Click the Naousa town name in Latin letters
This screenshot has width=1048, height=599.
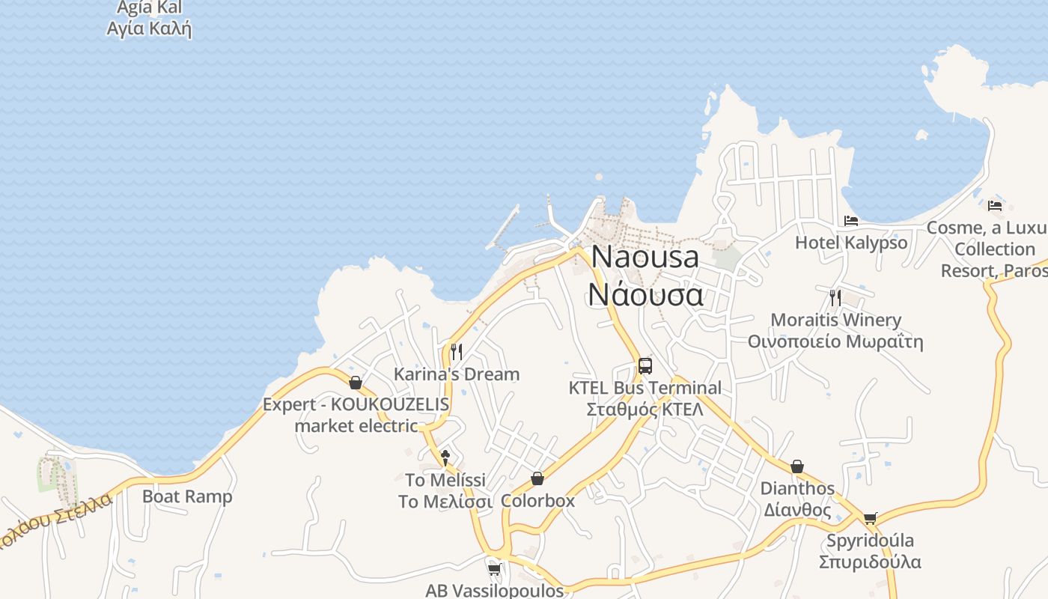(x=645, y=257)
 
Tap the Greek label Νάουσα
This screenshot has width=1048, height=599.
(x=645, y=294)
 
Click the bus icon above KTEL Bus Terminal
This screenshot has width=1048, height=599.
(x=645, y=366)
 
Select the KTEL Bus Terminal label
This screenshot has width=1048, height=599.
(x=645, y=388)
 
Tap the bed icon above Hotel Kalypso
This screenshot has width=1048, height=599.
(x=851, y=221)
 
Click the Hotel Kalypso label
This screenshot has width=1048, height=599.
(x=851, y=243)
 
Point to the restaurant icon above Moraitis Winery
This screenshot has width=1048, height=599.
(x=835, y=298)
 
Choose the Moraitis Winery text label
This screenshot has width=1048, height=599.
(x=835, y=320)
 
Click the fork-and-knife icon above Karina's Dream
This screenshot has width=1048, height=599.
(x=457, y=352)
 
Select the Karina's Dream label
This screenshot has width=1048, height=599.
(x=457, y=374)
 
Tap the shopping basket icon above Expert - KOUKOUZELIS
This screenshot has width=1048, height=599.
(x=356, y=383)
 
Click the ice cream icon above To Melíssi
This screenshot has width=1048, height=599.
(x=445, y=457)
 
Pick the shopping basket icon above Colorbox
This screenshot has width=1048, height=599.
(x=537, y=478)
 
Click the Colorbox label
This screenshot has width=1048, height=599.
(x=537, y=500)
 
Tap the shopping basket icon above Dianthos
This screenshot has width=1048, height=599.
(x=797, y=466)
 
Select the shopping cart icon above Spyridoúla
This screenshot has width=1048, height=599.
(x=870, y=518)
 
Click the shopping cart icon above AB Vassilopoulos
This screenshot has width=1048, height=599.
(x=494, y=570)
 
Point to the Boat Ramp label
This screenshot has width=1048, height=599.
(x=187, y=496)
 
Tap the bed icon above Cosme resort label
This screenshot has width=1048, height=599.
(x=995, y=205)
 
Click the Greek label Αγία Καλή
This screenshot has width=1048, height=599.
(x=150, y=29)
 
